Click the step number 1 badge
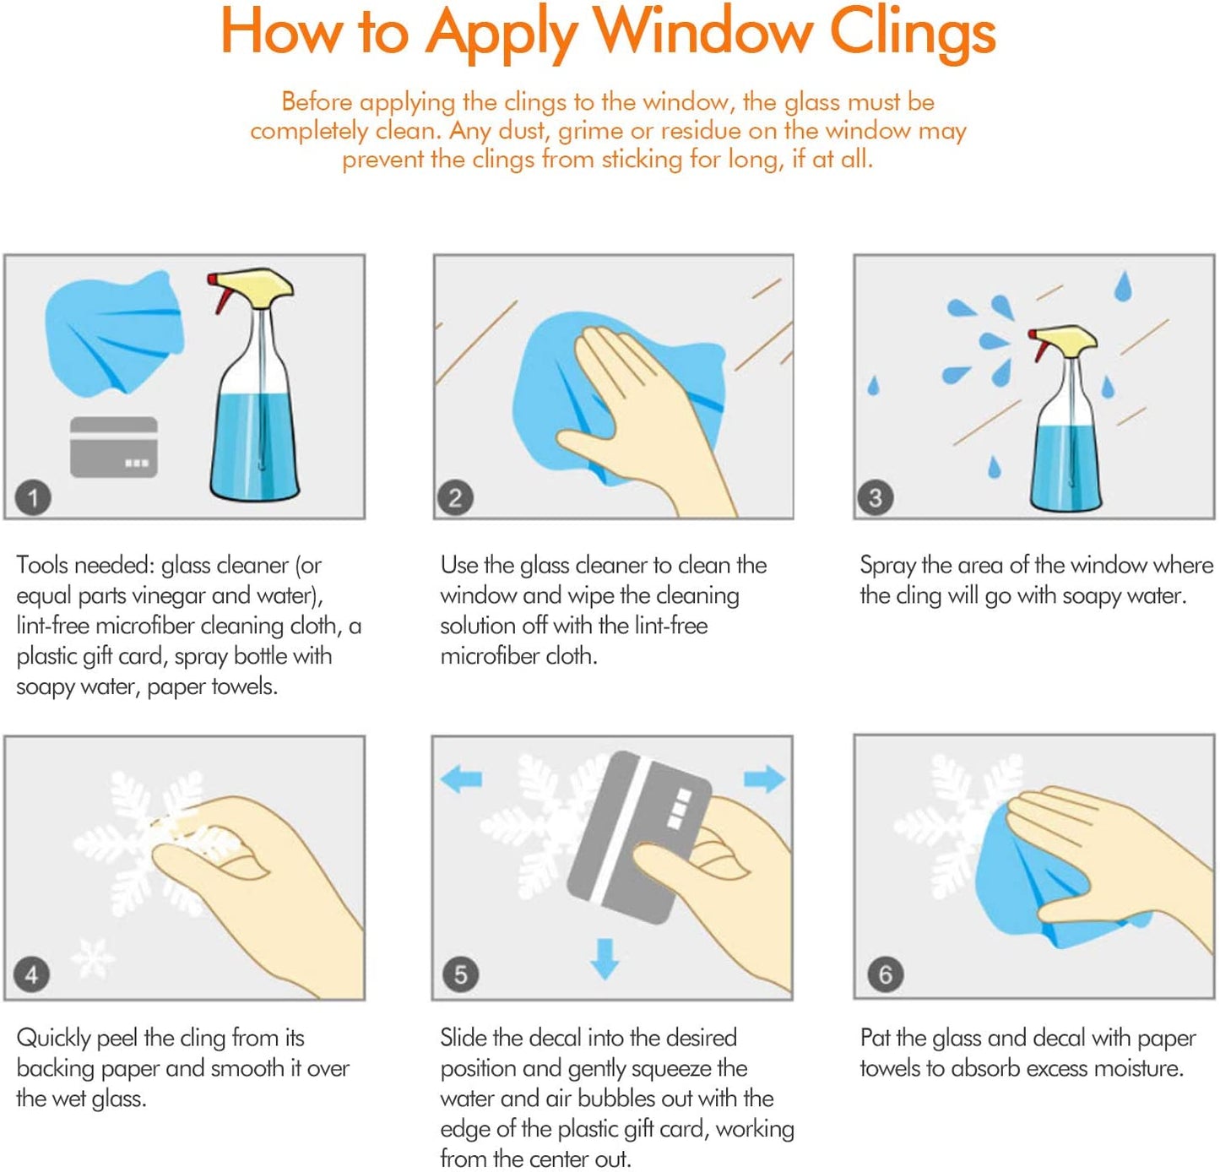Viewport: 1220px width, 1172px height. tap(33, 498)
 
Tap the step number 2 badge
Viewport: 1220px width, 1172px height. tap(456, 498)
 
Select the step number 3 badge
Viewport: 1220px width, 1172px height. tap(876, 498)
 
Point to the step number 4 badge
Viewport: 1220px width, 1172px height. tap(31, 974)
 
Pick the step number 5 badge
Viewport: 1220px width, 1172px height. tap(461, 974)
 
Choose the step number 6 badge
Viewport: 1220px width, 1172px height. tap(885, 974)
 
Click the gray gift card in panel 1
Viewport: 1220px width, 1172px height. tap(113, 447)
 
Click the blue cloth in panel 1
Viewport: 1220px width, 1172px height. tap(114, 333)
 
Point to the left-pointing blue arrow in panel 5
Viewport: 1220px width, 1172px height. tap(461, 779)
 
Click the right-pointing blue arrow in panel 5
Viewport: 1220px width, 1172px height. tap(764, 779)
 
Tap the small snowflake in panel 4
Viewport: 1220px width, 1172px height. tap(92, 958)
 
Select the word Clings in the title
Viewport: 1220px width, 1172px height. tap(913, 35)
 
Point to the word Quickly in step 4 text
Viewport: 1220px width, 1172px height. tap(54, 1039)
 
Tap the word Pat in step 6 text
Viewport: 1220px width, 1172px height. tap(876, 1038)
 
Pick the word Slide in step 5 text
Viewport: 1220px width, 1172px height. tap(464, 1038)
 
